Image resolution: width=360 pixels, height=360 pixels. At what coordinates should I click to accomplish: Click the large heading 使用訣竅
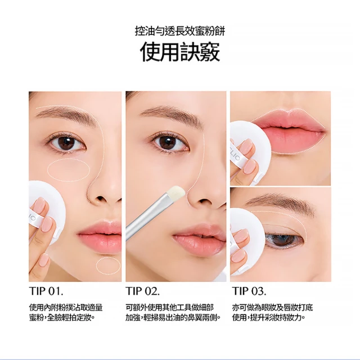tap(180, 51)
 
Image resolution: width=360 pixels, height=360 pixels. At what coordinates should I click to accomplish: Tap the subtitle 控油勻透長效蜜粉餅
tap(180, 31)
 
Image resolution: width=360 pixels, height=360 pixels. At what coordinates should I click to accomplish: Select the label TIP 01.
tap(46, 291)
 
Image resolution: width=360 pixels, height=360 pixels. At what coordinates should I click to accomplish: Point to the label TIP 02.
tap(142, 291)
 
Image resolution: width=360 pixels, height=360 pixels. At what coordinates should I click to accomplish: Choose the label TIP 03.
tap(249, 291)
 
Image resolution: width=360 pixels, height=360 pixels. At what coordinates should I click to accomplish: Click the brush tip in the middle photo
tap(176, 192)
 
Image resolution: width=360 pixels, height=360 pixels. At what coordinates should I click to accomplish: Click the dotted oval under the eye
tap(69, 170)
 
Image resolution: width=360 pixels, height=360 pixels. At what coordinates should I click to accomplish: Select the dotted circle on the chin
tap(108, 266)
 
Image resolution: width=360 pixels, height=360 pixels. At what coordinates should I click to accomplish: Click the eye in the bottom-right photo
tap(285, 239)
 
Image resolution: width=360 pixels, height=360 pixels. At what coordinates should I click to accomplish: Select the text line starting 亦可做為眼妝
tap(272, 308)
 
